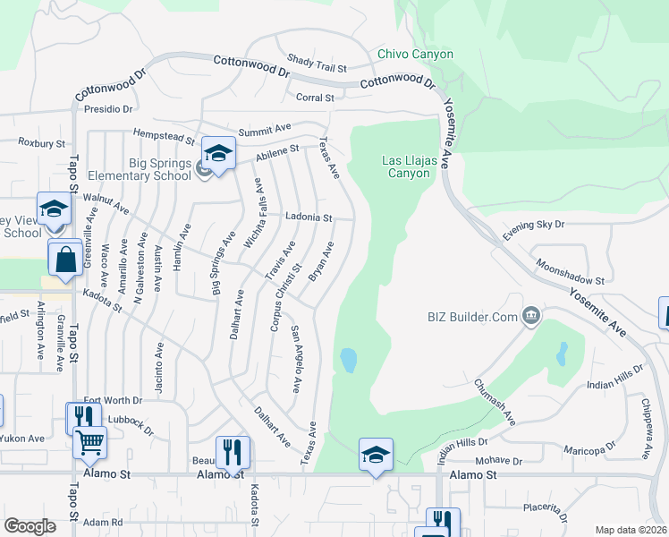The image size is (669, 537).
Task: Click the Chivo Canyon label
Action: click(415, 54)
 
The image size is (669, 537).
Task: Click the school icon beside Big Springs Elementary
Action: click(218, 152)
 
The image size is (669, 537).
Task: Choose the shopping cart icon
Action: click(89, 442)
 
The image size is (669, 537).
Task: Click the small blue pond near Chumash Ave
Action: click(561, 355)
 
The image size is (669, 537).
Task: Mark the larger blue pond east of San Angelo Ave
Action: click(348, 361)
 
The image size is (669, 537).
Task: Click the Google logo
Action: click(30, 526)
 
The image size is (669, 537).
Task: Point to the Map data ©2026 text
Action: click(631, 530)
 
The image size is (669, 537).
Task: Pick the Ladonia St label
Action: click(309, 217)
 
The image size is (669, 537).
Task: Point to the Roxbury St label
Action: click(42, 142)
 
